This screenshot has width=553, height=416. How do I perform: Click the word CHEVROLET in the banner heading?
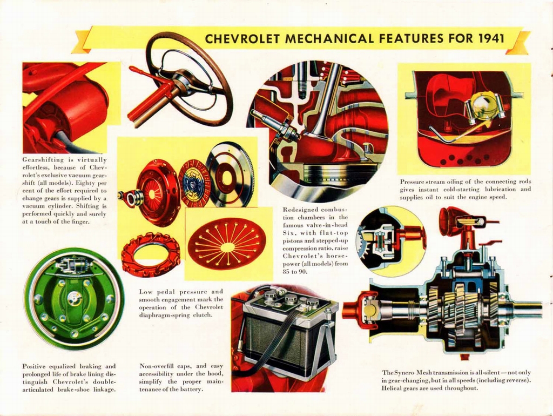pyautogui.click(x=242, y=39)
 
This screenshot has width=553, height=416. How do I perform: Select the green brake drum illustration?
pyautogui.click(x=74, y=299)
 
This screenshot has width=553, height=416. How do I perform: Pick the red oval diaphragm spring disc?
pyautogui.click(x=227, y=244)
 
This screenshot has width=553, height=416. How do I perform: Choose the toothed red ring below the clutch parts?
pyautogui.click(x=151, y=254)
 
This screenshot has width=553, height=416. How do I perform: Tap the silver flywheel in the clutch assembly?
pyautogui.click(x=230, y=174)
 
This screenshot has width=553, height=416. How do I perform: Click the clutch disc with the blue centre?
pyautogui.click(x=194, y=184)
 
